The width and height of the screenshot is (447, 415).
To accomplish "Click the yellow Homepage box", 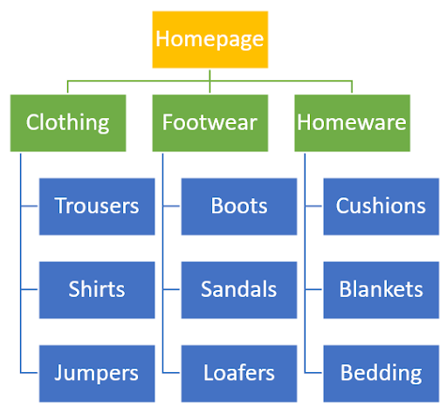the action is click(210, 39).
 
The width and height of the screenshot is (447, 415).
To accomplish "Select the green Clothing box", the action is click(68, 123).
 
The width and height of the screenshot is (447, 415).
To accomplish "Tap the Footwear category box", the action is click(210, 123).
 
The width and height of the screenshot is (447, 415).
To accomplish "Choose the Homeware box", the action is click(352, 123).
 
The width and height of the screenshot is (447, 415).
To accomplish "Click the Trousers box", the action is click(97, 206).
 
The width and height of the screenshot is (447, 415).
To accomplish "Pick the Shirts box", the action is click(97, 290).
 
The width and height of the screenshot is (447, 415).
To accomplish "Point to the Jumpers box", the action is click(97, 374).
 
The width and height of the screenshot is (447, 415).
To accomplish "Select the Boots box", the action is click(239, 206).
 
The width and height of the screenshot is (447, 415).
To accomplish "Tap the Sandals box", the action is click(239, 290).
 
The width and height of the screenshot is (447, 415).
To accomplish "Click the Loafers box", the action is click(239, 374).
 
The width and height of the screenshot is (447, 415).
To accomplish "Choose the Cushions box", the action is click(382, 206).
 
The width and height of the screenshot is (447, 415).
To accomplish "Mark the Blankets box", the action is click(382, 290).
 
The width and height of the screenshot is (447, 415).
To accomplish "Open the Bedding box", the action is click(382, 374).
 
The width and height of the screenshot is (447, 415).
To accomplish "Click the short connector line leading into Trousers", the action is click(29, 206).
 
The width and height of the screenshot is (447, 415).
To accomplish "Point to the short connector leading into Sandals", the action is click(171, 289).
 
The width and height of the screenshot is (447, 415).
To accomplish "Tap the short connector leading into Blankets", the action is click(313, 289).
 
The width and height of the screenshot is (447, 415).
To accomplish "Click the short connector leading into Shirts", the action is click(29, 289).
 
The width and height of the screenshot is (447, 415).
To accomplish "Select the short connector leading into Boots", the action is click(171, 206).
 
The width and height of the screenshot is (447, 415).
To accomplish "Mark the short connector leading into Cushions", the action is click(313, 206).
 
